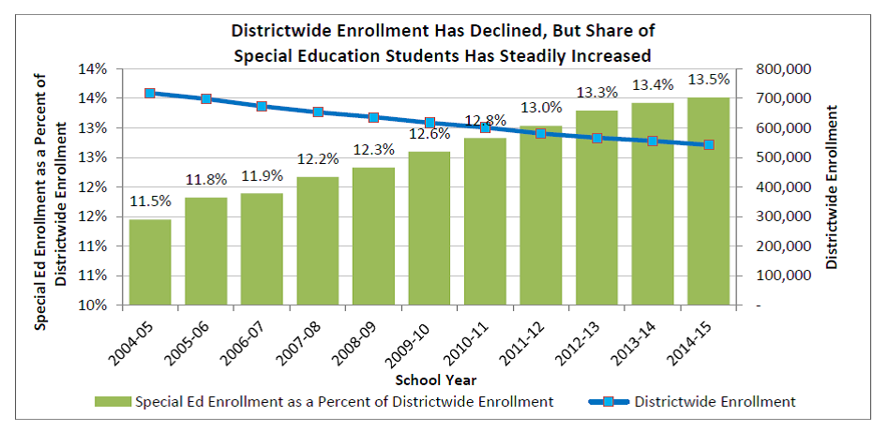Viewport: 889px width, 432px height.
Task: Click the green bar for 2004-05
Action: (150, 262)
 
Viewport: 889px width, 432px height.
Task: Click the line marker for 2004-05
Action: (150, 94)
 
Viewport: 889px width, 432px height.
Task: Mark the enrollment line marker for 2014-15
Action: (708, 145)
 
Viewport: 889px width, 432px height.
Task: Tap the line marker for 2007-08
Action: (318, 112)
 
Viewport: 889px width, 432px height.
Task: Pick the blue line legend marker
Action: (600, 402)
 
